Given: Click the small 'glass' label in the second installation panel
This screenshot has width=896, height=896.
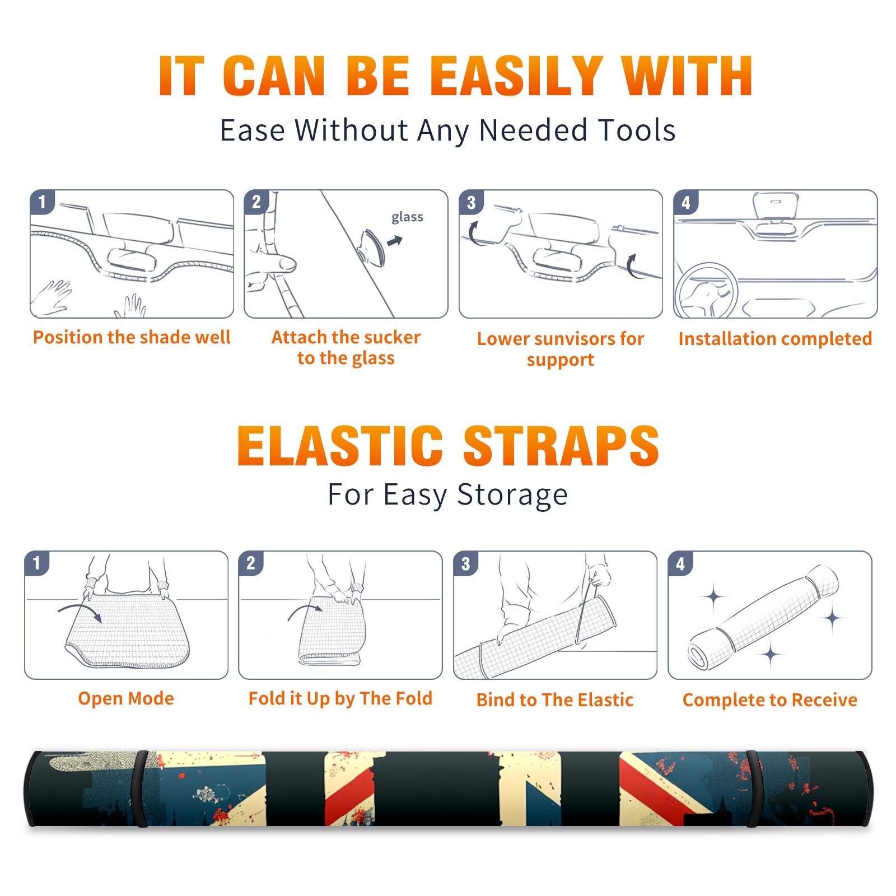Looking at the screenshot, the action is [407, 217].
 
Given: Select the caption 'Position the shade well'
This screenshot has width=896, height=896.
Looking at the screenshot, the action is [132, 337].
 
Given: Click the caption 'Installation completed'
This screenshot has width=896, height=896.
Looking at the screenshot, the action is [775, 338].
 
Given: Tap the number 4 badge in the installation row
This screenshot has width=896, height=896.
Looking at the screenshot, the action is [686, 202].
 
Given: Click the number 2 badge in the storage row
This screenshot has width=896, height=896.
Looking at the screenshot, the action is [251, 563].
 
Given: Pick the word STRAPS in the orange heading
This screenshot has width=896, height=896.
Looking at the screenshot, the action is [561, 446].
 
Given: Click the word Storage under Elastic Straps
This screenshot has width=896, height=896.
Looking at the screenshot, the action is [512, 495].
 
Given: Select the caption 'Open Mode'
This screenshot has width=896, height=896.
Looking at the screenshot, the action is [126, 698].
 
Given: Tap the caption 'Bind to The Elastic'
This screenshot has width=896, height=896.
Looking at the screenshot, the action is [554, 699].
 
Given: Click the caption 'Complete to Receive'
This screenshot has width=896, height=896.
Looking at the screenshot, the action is [770, 699].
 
